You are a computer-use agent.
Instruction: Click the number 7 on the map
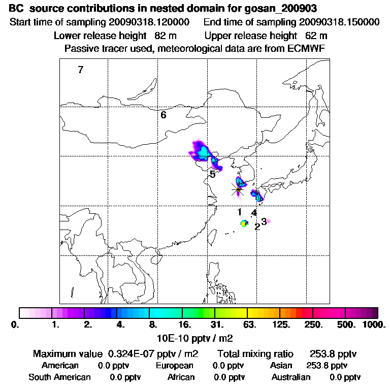coord(80,70)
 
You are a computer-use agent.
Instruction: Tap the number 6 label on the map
coord(164,115)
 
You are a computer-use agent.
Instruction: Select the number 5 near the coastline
coord(213,174)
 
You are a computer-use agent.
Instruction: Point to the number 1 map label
coord(239,212)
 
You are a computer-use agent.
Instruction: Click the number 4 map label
coord(254,213)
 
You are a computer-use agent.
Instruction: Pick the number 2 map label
coord(257,226)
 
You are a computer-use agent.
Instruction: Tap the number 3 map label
coord(264,221)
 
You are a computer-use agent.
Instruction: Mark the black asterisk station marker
coord(238,189)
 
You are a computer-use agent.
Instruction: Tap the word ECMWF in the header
coord(307,48)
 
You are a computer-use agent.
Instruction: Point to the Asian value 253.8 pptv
coord(327,366)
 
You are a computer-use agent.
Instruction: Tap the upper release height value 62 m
coord(316,36)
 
